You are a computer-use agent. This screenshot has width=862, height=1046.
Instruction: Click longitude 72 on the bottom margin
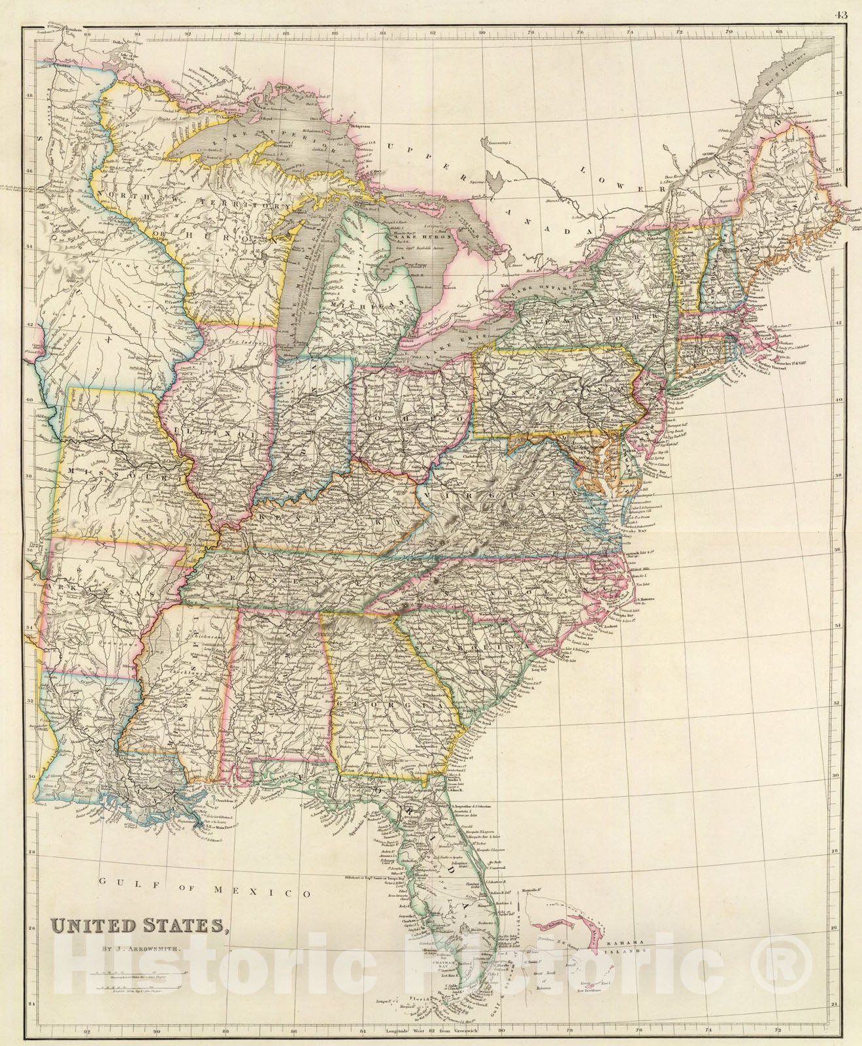(778, 1034)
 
